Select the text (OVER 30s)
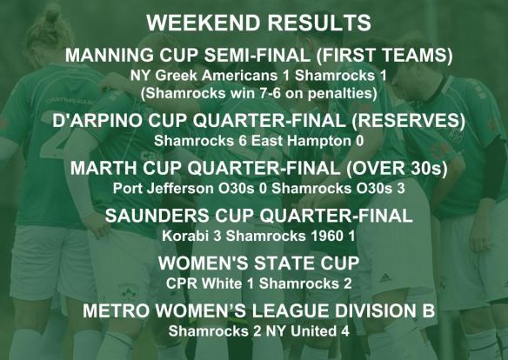[x=399, y=167]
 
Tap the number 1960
[x=311, y=234]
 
